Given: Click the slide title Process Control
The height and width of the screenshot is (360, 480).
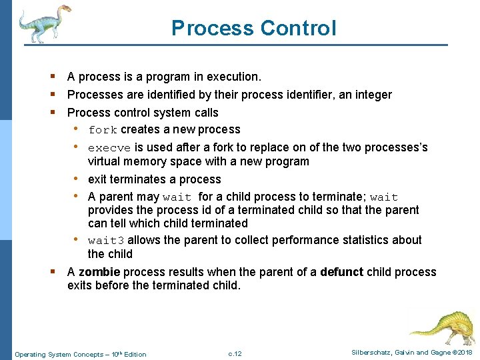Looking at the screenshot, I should coord(253,28).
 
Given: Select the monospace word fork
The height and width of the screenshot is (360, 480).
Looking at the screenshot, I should coord(103,130).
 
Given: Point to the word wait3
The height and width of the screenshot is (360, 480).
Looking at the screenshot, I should coord(106,241).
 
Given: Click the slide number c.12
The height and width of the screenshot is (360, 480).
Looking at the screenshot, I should coord(235,353).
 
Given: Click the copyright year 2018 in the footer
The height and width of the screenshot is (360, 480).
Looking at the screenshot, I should coord(464,353).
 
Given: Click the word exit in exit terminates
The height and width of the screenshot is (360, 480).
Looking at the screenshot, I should coord(97,179).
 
